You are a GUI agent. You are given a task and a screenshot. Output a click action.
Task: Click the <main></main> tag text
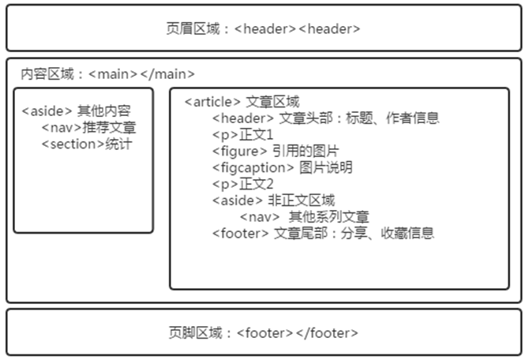(x=141, y=74)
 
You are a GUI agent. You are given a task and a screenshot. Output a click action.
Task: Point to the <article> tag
(x=212, y=102)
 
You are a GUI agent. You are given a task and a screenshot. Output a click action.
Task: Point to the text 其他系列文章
(x=329, y=216)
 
